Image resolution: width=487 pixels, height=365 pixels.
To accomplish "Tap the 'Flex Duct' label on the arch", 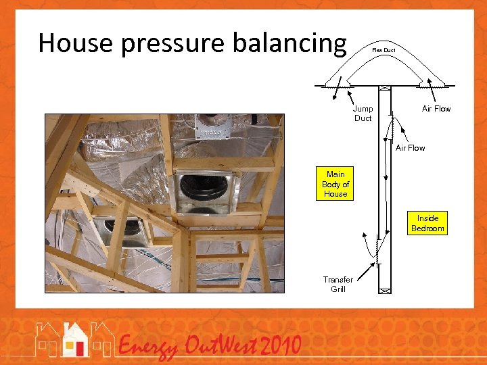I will tap(384, 50).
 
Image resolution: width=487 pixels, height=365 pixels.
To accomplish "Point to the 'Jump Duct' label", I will tap(363, 114).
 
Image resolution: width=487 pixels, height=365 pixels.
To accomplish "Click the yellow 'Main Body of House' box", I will tap(335, 184).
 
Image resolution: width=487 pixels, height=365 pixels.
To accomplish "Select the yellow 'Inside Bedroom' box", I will tap(427, 223).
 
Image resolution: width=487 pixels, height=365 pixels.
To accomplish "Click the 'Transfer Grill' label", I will tap(338, 284).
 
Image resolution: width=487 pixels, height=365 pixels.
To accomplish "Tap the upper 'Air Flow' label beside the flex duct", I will tap(436, 109).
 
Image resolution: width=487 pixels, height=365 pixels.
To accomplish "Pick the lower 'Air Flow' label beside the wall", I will tap(410, 148).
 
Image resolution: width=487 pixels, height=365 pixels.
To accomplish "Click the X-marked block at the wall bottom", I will tap(384, 290).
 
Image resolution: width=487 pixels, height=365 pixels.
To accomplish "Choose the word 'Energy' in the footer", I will tap(149, 348).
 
